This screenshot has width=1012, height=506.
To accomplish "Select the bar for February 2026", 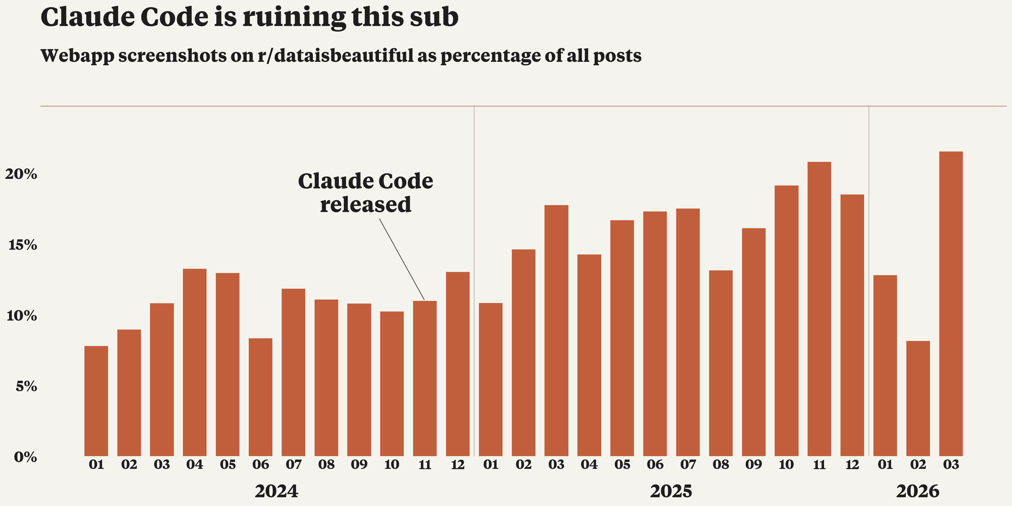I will click(x=918, y=399).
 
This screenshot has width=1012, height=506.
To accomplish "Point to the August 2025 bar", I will click(x=721, y=363).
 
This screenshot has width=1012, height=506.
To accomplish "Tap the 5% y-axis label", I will click(x=26, y=386).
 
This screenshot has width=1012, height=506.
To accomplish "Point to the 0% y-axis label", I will click(x=25, y=457).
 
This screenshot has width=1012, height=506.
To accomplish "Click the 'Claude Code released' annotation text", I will click(x=365, y=193).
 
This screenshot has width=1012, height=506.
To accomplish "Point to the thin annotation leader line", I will click(x=401, y=259).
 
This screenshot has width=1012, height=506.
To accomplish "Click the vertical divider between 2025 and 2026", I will click(x=869, y=275).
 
